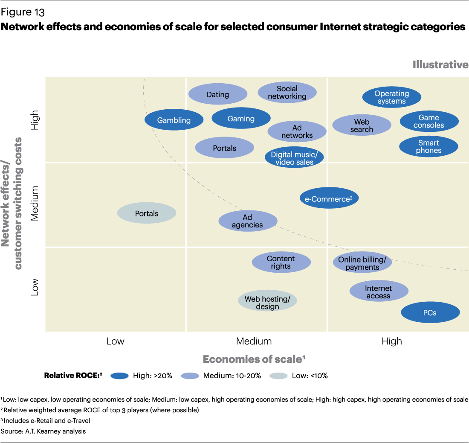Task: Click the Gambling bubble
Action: tap(174, 120)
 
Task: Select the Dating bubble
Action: tap(218, 94)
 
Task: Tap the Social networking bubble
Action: tap(287, 92)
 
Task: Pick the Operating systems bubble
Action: tap(392, 97)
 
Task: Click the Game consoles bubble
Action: tap(429, 121)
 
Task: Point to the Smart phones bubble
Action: tap(429, 146)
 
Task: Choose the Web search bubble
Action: tap(362, 125)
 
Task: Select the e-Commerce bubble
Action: tap(329, 199)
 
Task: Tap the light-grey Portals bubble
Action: tap(147, 213)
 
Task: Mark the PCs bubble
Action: tap(430, 313)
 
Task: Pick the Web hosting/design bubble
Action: tap(267, 303)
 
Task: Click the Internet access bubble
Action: tap(379, 292)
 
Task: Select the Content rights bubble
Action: tap(281, 262)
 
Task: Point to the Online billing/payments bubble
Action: tap(362, 263)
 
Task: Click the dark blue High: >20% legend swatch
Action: tap(119, 376)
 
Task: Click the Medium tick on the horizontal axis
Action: tap(254, 341)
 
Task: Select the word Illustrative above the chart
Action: tap(440, 65)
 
